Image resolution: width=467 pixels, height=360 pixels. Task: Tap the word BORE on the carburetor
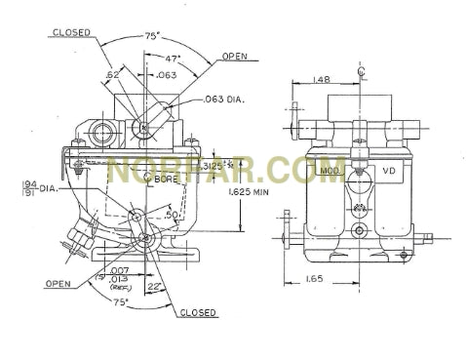pyautogui.click(x=164, y=180)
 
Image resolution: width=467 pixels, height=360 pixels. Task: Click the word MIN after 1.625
pyautogui.click(x=264, y=190)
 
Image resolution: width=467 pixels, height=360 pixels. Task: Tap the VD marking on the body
pyautogui.click(x=388, y=171)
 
